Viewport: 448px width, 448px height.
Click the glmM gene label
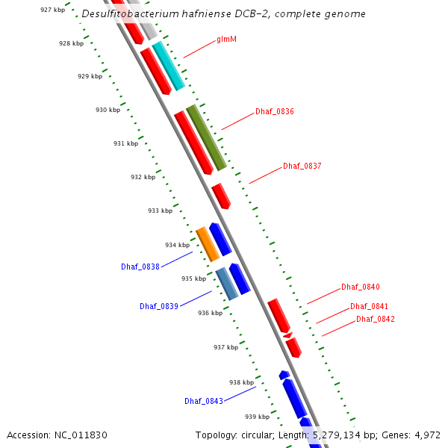[226, 39]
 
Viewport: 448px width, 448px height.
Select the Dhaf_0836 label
[275, 111]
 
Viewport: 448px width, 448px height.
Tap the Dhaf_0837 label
[302, 166]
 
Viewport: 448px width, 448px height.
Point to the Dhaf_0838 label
[140, 267]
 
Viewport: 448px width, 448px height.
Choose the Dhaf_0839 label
[159, 306]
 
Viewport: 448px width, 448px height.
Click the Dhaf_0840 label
[361, 287]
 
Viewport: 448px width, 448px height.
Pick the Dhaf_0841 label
[369, 306]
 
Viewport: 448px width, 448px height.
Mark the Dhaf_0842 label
[376, 319]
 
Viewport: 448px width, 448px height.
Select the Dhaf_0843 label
[204, 401]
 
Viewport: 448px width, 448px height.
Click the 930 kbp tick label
[108, 110]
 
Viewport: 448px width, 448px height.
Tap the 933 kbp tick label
[160, 211]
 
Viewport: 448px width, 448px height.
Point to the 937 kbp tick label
[225, 347]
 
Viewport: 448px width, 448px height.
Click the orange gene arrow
[207, 244]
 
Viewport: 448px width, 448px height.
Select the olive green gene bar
[206, 137]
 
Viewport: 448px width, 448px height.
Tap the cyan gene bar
[168, 66]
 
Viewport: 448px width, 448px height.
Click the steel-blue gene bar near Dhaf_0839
[226, 283]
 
